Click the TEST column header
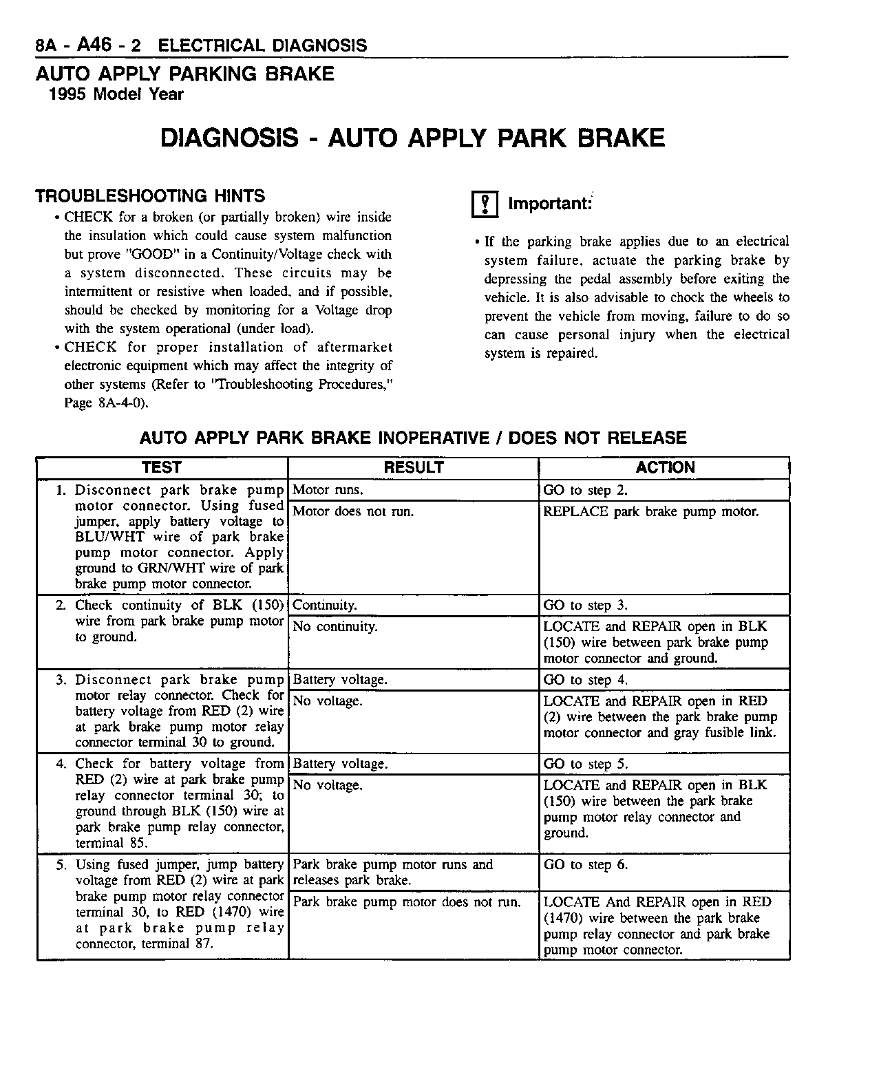(x=161, y=467)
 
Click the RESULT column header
(x=413, y=467)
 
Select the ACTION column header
(x=665, y=467)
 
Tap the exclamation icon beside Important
(x=485, y=204)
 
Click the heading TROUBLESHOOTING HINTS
(x=150, y=196)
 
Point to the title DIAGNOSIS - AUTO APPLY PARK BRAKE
(x=412, y=138)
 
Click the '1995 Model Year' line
(x=116, y=94)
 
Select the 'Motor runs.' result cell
(x=328, y=490)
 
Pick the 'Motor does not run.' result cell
(x=353, y=511)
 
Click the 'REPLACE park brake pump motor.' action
(x=651, y=511)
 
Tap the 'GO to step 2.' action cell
(x=586, y=490)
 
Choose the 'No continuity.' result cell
(x=335, y=626)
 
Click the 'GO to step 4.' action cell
(x=586, y=680)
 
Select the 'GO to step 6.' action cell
(x=586, y=865)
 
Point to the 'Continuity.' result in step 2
(x=325, y=606)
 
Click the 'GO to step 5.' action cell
(x=586, y=764)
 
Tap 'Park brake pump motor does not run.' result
(x=407, y=902)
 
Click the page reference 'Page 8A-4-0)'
(x=106, y=403)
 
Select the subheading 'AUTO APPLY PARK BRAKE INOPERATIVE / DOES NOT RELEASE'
(x=413, y=438)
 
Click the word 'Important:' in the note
(x=550, y=204)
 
